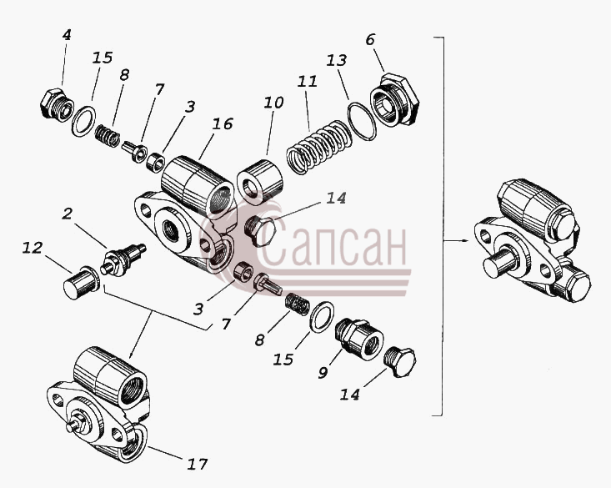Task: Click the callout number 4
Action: point(67,35)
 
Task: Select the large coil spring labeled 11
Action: point(318,147)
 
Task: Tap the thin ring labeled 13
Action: point(362,121)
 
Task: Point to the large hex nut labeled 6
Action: point(394,99)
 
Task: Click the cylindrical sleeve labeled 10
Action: point(259,182)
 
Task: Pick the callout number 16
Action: point(223,124)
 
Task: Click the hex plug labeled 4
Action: point(57,105)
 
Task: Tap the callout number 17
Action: point(198,464)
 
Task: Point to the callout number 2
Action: point(68,214)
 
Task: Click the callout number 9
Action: point(323,373)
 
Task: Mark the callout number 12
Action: point(32,248)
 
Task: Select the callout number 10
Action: point(273,103)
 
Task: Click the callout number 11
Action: point(308,82)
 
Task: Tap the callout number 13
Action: point(336,60)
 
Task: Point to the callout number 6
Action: point(370,39)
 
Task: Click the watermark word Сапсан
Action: point(333,242)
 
